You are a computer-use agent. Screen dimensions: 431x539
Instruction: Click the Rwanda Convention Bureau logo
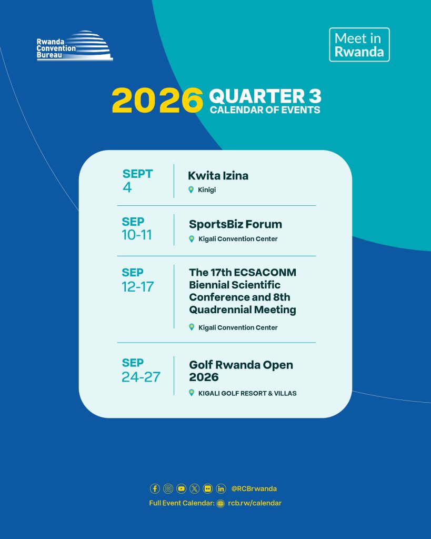tap(75, 46)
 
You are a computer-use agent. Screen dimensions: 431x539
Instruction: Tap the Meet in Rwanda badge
tap(359, 45)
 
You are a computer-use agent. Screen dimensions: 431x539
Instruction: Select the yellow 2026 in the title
tap(157, 100)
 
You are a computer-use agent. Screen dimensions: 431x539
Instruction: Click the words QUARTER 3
tap(265, 96)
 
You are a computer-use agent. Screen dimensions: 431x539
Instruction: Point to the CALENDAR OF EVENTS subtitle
tap(265, 109)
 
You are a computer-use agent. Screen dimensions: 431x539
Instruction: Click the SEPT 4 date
tap(137, 181)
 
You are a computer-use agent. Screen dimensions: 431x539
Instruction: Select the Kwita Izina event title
tap(218, 176)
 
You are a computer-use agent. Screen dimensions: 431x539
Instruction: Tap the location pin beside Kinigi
tap(191, 189)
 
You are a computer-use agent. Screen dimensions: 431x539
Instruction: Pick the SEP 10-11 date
tap(137, 228)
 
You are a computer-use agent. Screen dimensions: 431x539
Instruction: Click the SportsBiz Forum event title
tap(235, 224)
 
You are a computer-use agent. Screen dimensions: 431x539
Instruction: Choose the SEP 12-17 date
tap(137, 280)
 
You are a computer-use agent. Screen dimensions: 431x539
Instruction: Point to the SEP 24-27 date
tap(141, 370)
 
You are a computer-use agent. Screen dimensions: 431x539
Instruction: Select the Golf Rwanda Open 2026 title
tap(241, 371)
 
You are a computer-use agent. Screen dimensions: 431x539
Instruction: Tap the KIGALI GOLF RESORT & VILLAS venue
tap(247, 393)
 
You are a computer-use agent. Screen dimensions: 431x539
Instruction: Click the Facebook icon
tap(155, 488)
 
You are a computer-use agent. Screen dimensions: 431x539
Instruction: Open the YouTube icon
tap(181, 488)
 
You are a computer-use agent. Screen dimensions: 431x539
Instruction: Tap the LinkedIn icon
tap(221, 488)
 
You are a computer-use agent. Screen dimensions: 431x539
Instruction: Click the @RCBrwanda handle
tap(254, 488)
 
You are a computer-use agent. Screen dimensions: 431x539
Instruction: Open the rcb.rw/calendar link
tap(255, 503)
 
